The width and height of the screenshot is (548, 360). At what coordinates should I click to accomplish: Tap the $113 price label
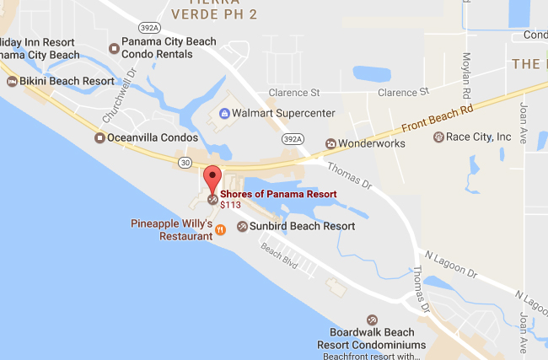[230, 204]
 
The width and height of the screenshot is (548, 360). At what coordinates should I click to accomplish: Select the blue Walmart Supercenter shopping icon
[224, 113]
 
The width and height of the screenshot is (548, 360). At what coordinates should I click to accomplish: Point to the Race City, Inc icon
[438, 137]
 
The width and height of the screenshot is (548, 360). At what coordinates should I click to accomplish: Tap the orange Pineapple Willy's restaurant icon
[219, 229]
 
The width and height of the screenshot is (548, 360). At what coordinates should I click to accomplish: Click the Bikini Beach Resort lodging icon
[12, 81]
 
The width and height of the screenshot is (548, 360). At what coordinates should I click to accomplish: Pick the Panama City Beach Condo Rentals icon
[114, 47]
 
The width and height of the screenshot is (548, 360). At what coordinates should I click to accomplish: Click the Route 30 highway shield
[184, 161]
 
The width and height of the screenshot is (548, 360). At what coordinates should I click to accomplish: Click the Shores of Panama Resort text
[278, 193]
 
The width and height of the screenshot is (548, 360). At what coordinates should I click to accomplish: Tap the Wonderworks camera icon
[330, 143]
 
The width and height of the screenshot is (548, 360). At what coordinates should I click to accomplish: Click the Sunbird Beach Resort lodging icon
[242, 226]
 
